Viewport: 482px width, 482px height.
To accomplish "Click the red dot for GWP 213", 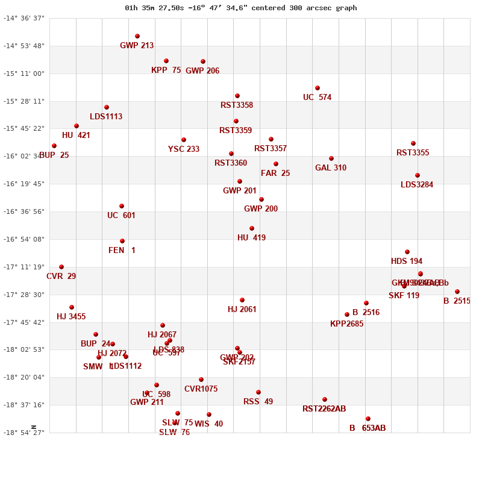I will tap(137, 36).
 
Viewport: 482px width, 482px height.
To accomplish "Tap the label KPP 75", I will tap(166, 70).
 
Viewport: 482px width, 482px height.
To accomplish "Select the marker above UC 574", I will tap(318, 88).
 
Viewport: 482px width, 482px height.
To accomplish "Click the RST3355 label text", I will tap(413, 153).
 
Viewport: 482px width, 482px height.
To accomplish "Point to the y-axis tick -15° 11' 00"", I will tap(24, 74).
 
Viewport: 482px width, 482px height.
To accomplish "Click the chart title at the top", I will tap(241, 8).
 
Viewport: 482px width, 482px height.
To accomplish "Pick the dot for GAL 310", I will tap(331, 158).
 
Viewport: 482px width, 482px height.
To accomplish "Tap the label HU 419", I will tap(251, 238).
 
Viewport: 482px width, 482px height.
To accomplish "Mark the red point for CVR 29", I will tap(61, 267).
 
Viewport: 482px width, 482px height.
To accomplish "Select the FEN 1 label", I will tap(122, 251).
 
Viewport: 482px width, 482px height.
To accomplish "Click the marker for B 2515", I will tap(457, 292).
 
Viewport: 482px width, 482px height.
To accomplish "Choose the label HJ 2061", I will tap(242, 310).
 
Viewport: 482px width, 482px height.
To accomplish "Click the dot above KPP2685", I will tap(347, 315).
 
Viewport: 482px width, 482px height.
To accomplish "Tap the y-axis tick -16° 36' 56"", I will tap(24, 211).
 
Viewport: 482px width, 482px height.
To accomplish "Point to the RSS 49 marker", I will tap(258, 392).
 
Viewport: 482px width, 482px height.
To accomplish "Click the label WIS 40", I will tap(208, 424).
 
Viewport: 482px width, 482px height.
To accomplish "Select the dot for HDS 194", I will tap(407, 252).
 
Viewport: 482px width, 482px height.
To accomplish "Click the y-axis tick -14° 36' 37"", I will tap(24, 18).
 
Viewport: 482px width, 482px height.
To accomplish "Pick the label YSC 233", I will tap(184, 149).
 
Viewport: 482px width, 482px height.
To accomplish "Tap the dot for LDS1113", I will tap(107, 107).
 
